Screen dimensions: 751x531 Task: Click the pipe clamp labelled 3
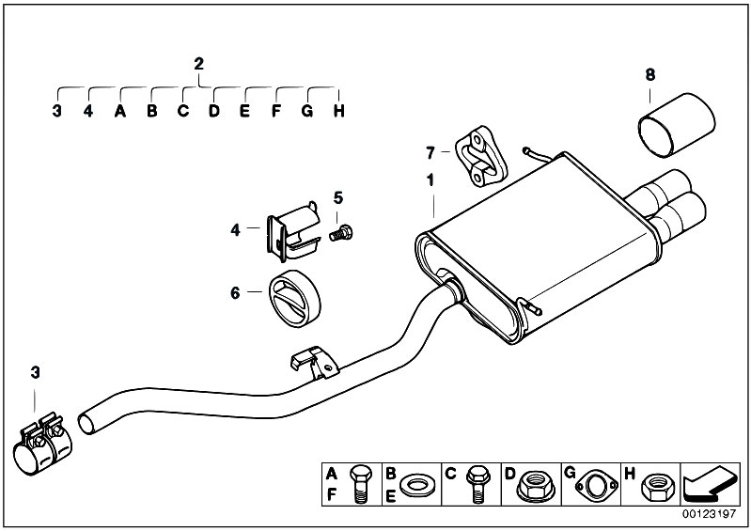point(42,445)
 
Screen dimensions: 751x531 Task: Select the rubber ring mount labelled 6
point(294,298)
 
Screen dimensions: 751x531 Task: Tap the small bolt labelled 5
point(341,234)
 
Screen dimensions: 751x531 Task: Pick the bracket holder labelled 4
point(293,231)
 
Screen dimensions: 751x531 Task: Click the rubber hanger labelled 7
point(480,156)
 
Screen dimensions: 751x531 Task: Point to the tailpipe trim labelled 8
point(677,124)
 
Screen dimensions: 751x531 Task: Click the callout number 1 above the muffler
point(430,180)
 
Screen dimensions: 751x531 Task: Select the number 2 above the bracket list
point(198,64)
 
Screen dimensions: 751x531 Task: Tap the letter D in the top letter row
point(214,111)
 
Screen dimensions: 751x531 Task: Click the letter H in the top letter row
point(339,111)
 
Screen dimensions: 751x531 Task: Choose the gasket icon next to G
point(597,486)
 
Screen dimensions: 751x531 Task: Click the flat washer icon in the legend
point(416,486)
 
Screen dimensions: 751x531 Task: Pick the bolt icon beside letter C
point(477,484)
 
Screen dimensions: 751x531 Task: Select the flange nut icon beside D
point(536,485)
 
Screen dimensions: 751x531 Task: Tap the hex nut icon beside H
point(658,487)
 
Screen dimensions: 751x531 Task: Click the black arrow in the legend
point(710,484)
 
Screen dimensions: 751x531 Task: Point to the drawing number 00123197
point(709,514)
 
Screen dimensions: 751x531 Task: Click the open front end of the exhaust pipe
point(86,425)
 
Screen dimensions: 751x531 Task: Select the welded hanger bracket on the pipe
point(314,363)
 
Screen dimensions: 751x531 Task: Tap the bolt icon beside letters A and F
point(359,484)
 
